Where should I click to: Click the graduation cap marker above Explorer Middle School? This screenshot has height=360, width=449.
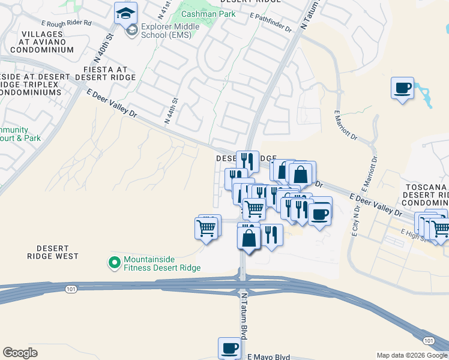[x=126, y=13]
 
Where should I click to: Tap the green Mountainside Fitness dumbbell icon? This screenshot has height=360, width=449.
[x=113, y=262]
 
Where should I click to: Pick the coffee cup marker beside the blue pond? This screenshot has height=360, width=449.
[x=402, y=89]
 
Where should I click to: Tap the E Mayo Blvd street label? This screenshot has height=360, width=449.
[x=269, y=357]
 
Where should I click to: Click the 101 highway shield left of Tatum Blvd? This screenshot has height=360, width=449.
[x=70, y=289]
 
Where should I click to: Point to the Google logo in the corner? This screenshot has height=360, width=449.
[x=20, y=353]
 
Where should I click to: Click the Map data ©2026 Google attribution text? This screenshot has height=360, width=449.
[x=412, y=355]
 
